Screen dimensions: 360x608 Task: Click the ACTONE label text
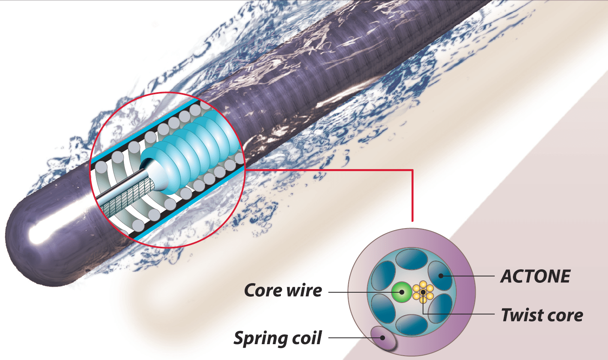coord(535,276)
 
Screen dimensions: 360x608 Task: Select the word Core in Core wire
coord(263,290)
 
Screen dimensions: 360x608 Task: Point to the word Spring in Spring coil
coord(261,339)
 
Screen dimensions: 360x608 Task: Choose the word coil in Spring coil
coord(307,338)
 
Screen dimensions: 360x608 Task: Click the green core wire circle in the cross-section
coord(402,292)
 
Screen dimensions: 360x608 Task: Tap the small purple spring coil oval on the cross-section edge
coord(383,338)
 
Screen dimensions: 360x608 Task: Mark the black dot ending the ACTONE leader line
coord(440,276)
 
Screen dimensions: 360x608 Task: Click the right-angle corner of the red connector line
coord(412,170)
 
